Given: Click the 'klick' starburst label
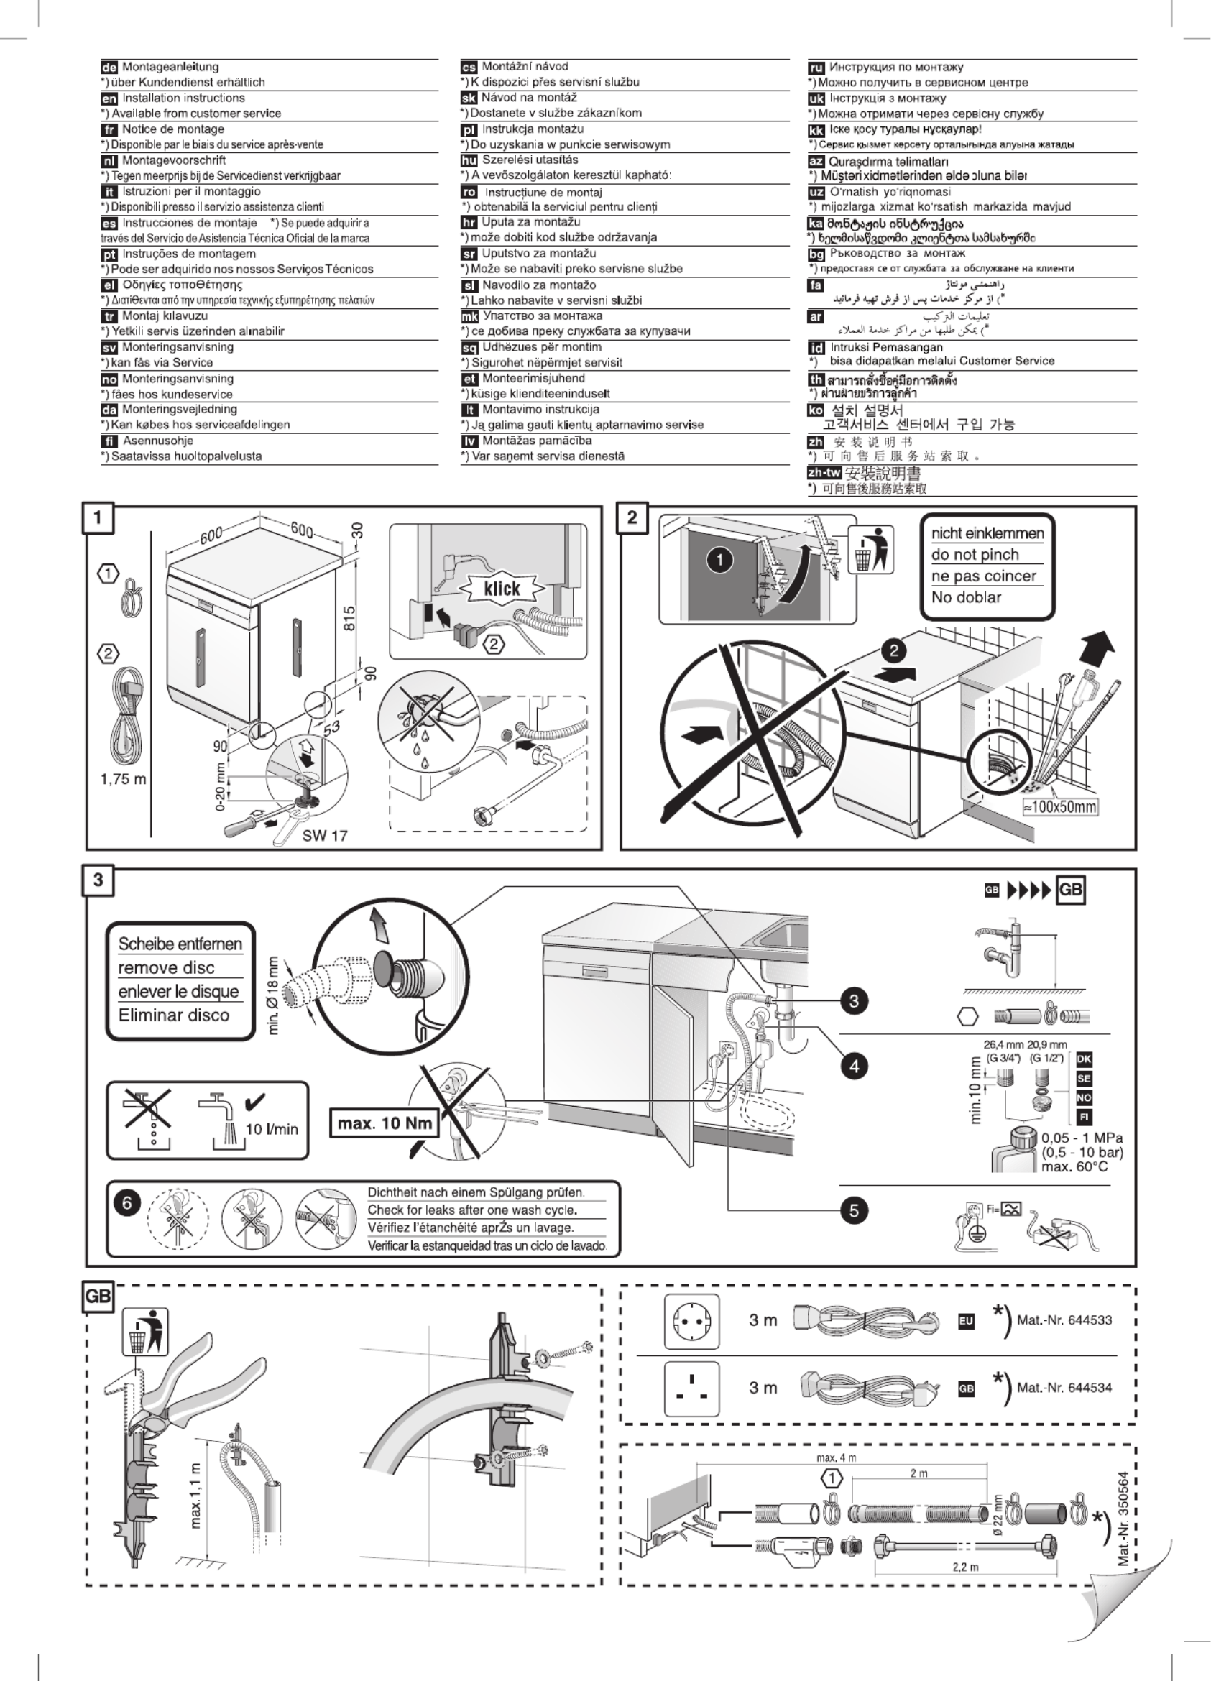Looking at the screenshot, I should click(x=502, y=589).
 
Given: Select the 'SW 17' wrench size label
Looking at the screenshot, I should click(x=325, y=835).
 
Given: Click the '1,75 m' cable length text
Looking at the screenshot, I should click(x=123, y=779).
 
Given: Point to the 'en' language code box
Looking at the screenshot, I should click(x=109, y=98).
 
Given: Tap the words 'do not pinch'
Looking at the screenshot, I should click(x=975, y=554).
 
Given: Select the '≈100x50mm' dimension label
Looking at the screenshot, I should click(x=1060, y=807).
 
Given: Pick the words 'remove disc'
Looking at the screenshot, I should click(x=166, y=967).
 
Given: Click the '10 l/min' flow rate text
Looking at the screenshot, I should click(x=271, y=1129).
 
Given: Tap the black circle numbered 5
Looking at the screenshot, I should click(x=854, y=1210).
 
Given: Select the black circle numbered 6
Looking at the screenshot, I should click(x=126, y=1203).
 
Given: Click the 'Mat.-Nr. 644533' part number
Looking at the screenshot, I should click(x=1064, y=1320).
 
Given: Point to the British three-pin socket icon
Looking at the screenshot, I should click(x=691, y=1388).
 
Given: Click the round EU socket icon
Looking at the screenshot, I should click(x=691, y=1321).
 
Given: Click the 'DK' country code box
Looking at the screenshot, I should click(x=1084, y=1059).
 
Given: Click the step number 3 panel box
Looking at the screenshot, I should click(x=98, y=880).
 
